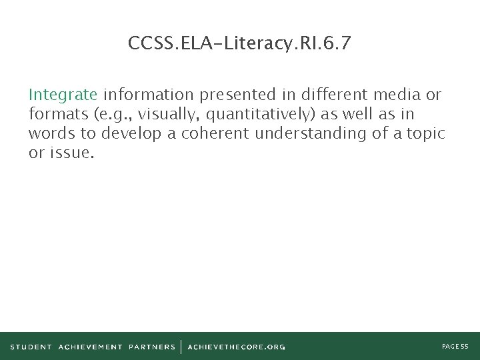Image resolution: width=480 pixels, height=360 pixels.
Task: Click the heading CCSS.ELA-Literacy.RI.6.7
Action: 239,44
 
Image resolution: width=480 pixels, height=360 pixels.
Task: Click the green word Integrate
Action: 63,94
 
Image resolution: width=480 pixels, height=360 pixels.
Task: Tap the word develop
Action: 133,133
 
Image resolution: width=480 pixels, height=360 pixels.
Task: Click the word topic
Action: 425,133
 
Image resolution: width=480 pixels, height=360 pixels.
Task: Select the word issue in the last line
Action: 71,153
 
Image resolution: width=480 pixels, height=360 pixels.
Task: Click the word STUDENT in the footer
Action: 31,347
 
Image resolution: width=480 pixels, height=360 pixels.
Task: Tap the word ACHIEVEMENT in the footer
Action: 90,347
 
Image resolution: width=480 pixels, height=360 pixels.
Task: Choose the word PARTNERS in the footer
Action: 152,347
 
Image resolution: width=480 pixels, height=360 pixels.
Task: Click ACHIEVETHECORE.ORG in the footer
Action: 236,347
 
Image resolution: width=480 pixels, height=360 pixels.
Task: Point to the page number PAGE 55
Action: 455,347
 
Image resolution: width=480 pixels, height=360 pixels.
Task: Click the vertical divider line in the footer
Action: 181,347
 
